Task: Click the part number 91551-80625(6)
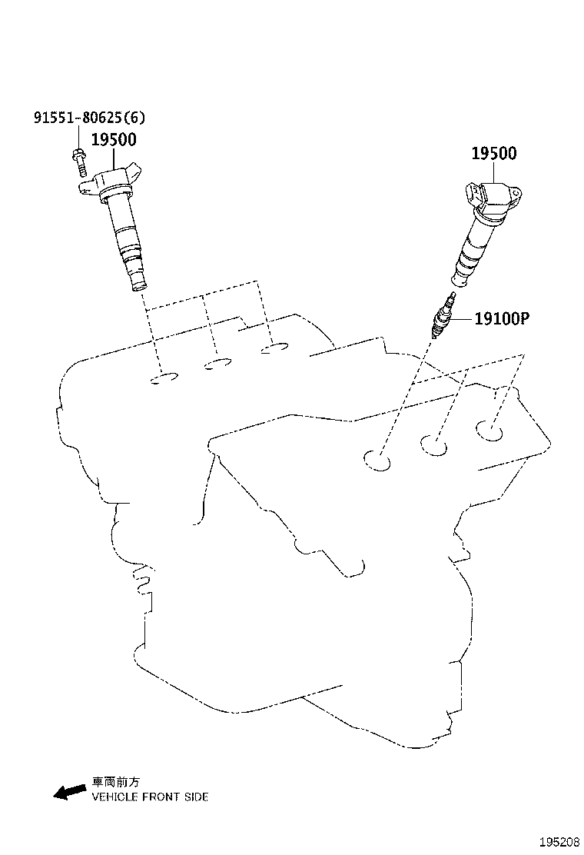(90, 118)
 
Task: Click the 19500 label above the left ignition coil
(114, 140)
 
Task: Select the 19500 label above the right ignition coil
(494, 154)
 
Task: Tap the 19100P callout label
(502, 318)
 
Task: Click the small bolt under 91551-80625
(79, 161)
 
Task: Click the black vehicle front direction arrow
(70, 792)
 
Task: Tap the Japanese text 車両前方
(115, 782)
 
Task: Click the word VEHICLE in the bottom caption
(115, 797)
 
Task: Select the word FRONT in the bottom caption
(161, 797)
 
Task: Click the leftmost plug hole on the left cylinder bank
(164, 378)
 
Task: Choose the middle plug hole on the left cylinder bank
(217, 364)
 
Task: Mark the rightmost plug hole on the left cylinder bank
(274, 348)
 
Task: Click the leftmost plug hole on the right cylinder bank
(377, 461)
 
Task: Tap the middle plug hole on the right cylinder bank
(433, 445)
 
